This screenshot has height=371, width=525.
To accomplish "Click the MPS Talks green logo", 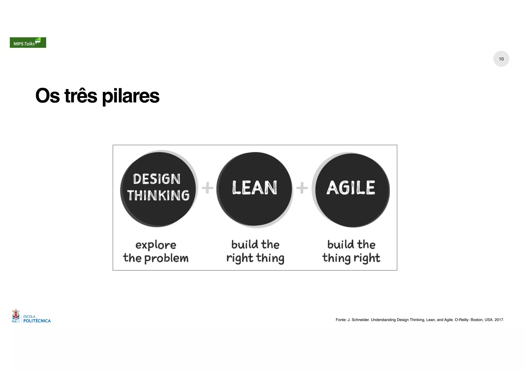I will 28,43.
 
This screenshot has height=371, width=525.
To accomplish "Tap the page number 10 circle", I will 501,59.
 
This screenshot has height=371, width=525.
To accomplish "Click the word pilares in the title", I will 130,96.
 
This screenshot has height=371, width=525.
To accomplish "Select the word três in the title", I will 80,96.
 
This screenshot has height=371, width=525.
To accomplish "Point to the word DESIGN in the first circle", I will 157,179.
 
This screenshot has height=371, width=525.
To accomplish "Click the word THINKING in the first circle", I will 158,195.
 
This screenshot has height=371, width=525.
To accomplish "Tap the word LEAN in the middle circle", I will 255,188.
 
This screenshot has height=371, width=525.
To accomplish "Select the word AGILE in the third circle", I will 351,188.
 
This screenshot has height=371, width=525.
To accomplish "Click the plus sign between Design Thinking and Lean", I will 207,188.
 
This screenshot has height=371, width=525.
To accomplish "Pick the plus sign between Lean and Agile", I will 302,188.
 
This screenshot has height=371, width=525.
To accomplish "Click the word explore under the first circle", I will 156,245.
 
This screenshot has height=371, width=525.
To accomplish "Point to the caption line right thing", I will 255,258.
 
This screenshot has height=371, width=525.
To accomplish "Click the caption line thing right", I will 351,258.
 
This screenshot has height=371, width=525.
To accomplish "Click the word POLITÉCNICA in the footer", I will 37,321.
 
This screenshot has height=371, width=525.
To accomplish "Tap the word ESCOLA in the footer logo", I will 29,317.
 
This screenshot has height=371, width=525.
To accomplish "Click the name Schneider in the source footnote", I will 360,320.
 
